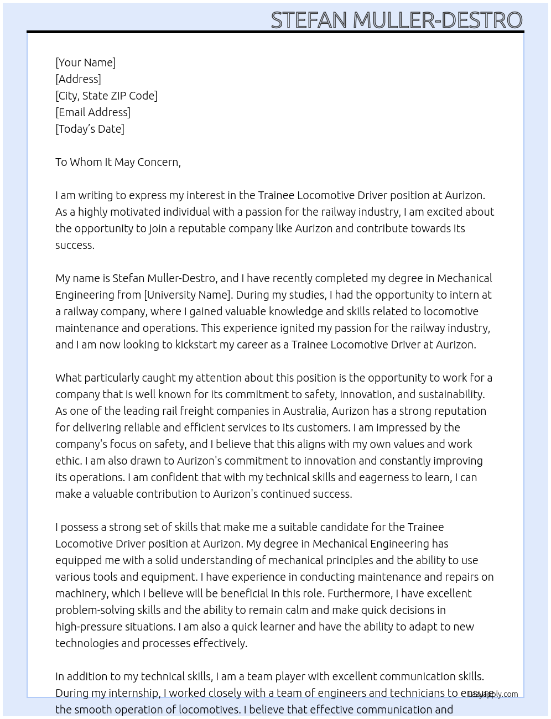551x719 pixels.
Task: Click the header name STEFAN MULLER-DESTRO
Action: pyautogui.click(x=396, y=20)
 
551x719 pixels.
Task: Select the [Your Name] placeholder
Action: pyautogui.click(x=85, y=62)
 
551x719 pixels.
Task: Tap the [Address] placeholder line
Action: pyautogui.click(x=78, y=79)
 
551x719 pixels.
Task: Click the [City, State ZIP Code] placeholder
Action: pyautogui.click(x=106, y=96)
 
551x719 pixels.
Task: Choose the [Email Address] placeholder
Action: pyautogui.click(x=93, y=112)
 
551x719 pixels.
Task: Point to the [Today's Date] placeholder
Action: pyautogui.click(x=90, y=129)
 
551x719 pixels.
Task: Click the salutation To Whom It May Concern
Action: pyautogui.click(x=118, y=162)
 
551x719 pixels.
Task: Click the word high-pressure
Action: pyautogui.click(x=87, y=627)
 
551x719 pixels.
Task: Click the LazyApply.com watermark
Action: pyautogui.click(x=492, y=694)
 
